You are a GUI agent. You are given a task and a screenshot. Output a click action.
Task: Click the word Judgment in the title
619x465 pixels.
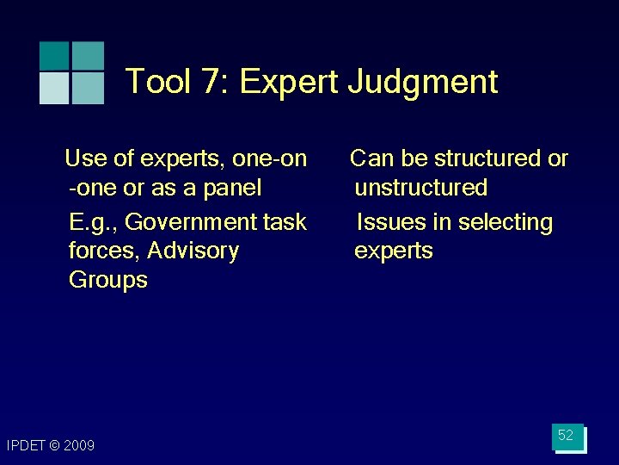point(423,83)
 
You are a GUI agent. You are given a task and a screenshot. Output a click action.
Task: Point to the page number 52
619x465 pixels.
point(566,436)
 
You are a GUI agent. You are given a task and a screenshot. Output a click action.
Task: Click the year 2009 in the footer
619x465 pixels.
point(78,445)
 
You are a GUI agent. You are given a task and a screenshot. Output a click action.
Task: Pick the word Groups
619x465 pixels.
point(107,280)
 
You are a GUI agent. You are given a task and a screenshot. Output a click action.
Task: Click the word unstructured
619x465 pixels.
point(421,188)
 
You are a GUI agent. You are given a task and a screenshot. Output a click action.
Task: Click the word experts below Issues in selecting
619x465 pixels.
point(394,251)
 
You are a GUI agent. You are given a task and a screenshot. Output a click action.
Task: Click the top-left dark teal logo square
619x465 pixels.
point(55,56)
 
